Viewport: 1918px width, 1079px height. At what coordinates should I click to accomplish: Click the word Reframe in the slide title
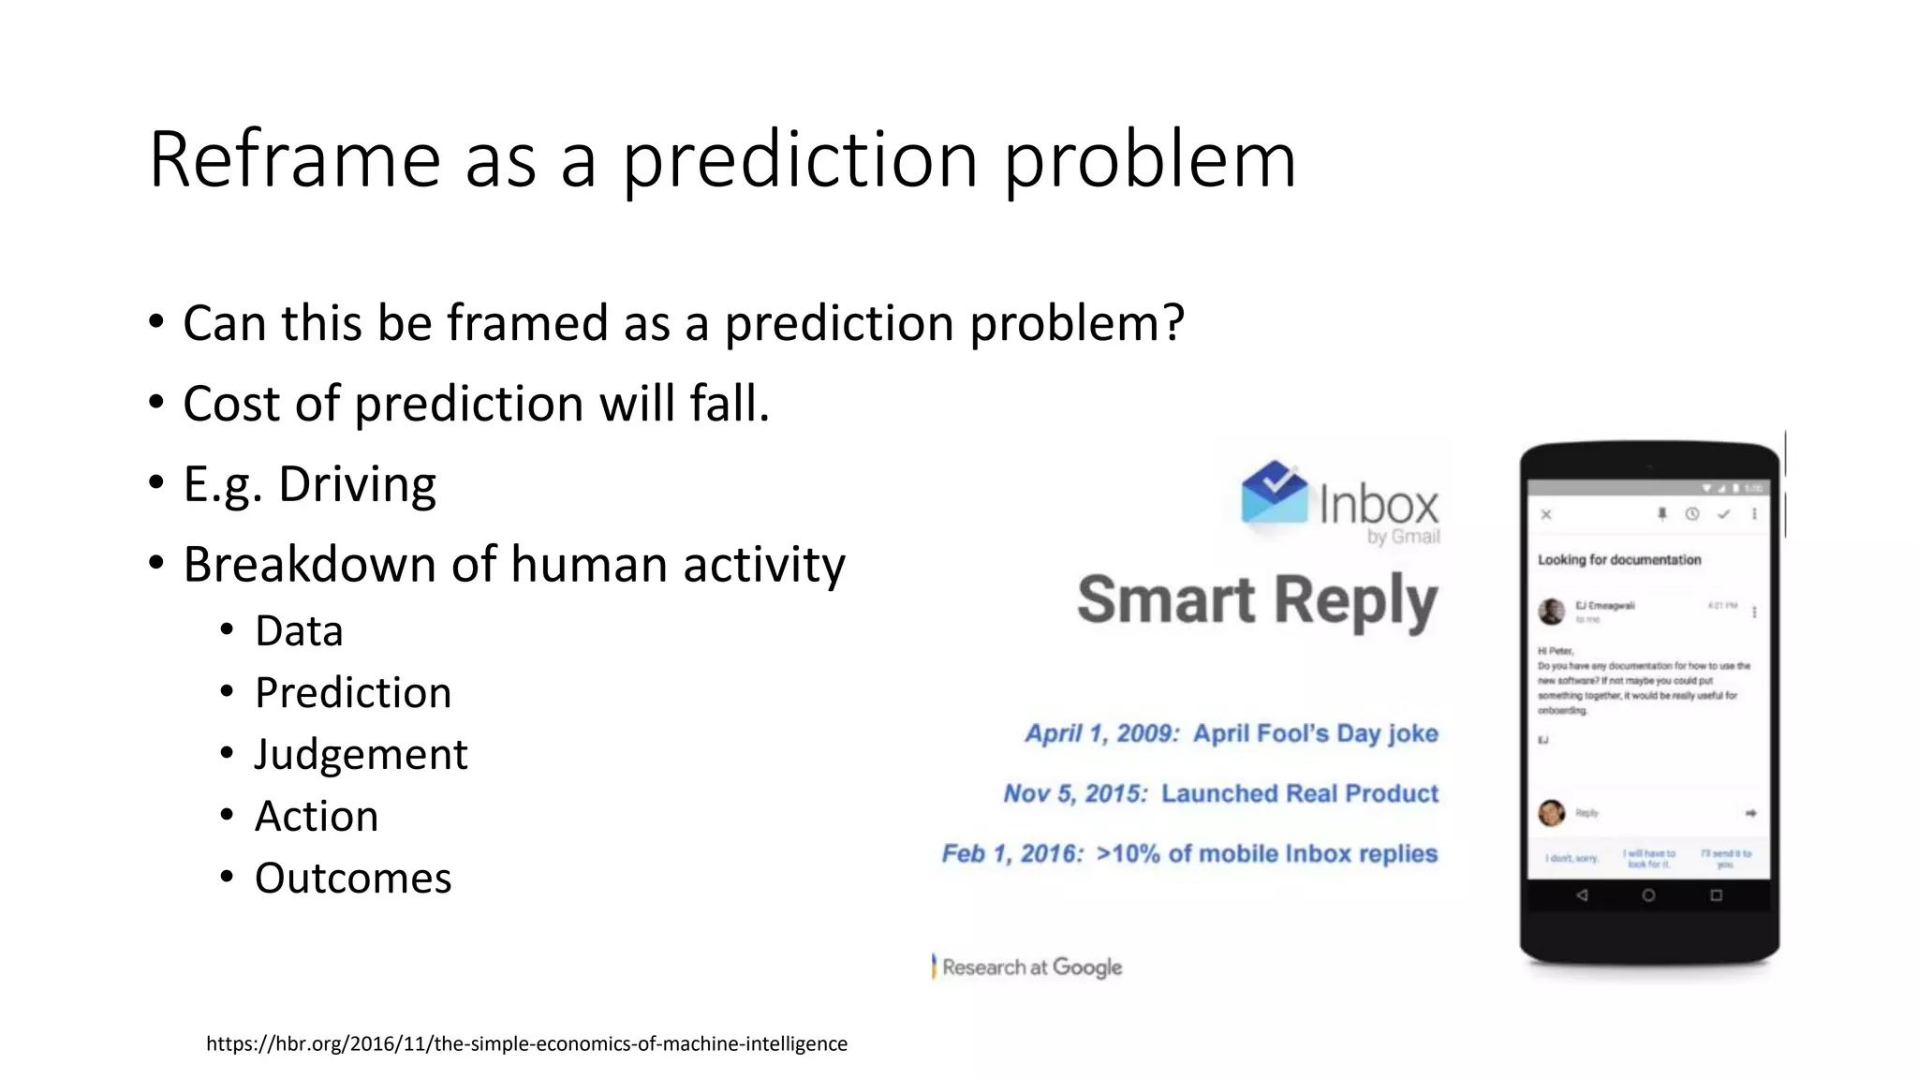click(x=294, y=159)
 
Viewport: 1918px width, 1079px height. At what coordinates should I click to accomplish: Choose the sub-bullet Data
click(x=299, y=631)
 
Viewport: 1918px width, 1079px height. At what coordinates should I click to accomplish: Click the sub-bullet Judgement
click(x=361, y=755)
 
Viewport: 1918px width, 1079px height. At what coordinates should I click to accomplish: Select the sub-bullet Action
click(x=317, y=817)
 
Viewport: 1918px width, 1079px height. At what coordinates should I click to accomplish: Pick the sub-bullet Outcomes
click(x=353, y=879)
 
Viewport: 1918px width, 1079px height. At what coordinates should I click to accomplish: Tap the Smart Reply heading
click(x=1257, y=601)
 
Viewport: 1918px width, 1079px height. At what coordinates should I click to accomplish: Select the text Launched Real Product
click(x=1299, y=793)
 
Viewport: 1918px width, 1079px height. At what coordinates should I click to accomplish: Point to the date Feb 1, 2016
click(x=1011, y=854)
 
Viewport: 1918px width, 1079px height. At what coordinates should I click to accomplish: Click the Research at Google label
click(x=1031, y=968)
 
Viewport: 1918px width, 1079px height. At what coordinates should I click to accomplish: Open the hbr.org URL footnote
click(x=526, y=1043)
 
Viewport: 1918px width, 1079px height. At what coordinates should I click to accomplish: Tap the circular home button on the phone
click(x=1648, y=895)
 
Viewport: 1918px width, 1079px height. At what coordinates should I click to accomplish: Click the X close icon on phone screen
click(x=1546, y=514)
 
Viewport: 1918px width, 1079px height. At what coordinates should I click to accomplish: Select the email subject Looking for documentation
click(x=1619, y=560)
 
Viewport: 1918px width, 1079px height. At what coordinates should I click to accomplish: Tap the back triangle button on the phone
click(x=1582, y=895)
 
